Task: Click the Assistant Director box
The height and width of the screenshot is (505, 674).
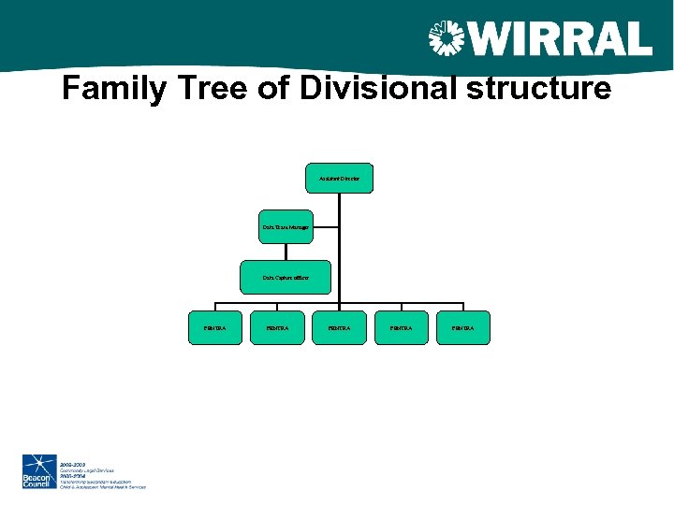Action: (x=340, y=178)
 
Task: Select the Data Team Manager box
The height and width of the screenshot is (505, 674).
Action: (x=286, y=227)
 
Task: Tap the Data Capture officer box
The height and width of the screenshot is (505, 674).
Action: (x=286, y=278)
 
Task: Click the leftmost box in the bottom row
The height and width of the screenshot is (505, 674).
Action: (x=215, y=328)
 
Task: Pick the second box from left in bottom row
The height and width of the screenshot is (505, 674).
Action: (x=277, y=328)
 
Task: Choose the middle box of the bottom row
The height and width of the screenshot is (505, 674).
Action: (x=340, y=328)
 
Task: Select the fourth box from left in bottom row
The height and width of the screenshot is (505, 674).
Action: (x=402, y=328)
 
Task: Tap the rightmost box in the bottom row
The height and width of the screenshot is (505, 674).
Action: (x=463, y=328)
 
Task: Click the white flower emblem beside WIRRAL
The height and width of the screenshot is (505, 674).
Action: (x=447, y=40)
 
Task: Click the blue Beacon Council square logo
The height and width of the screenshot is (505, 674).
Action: (x=39, y=472)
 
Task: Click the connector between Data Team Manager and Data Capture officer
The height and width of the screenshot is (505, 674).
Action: (x=286, y=252)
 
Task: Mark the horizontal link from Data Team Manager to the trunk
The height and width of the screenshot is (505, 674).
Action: (x=325, y=227)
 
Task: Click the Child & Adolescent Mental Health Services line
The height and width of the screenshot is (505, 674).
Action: (x=102, y=487)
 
